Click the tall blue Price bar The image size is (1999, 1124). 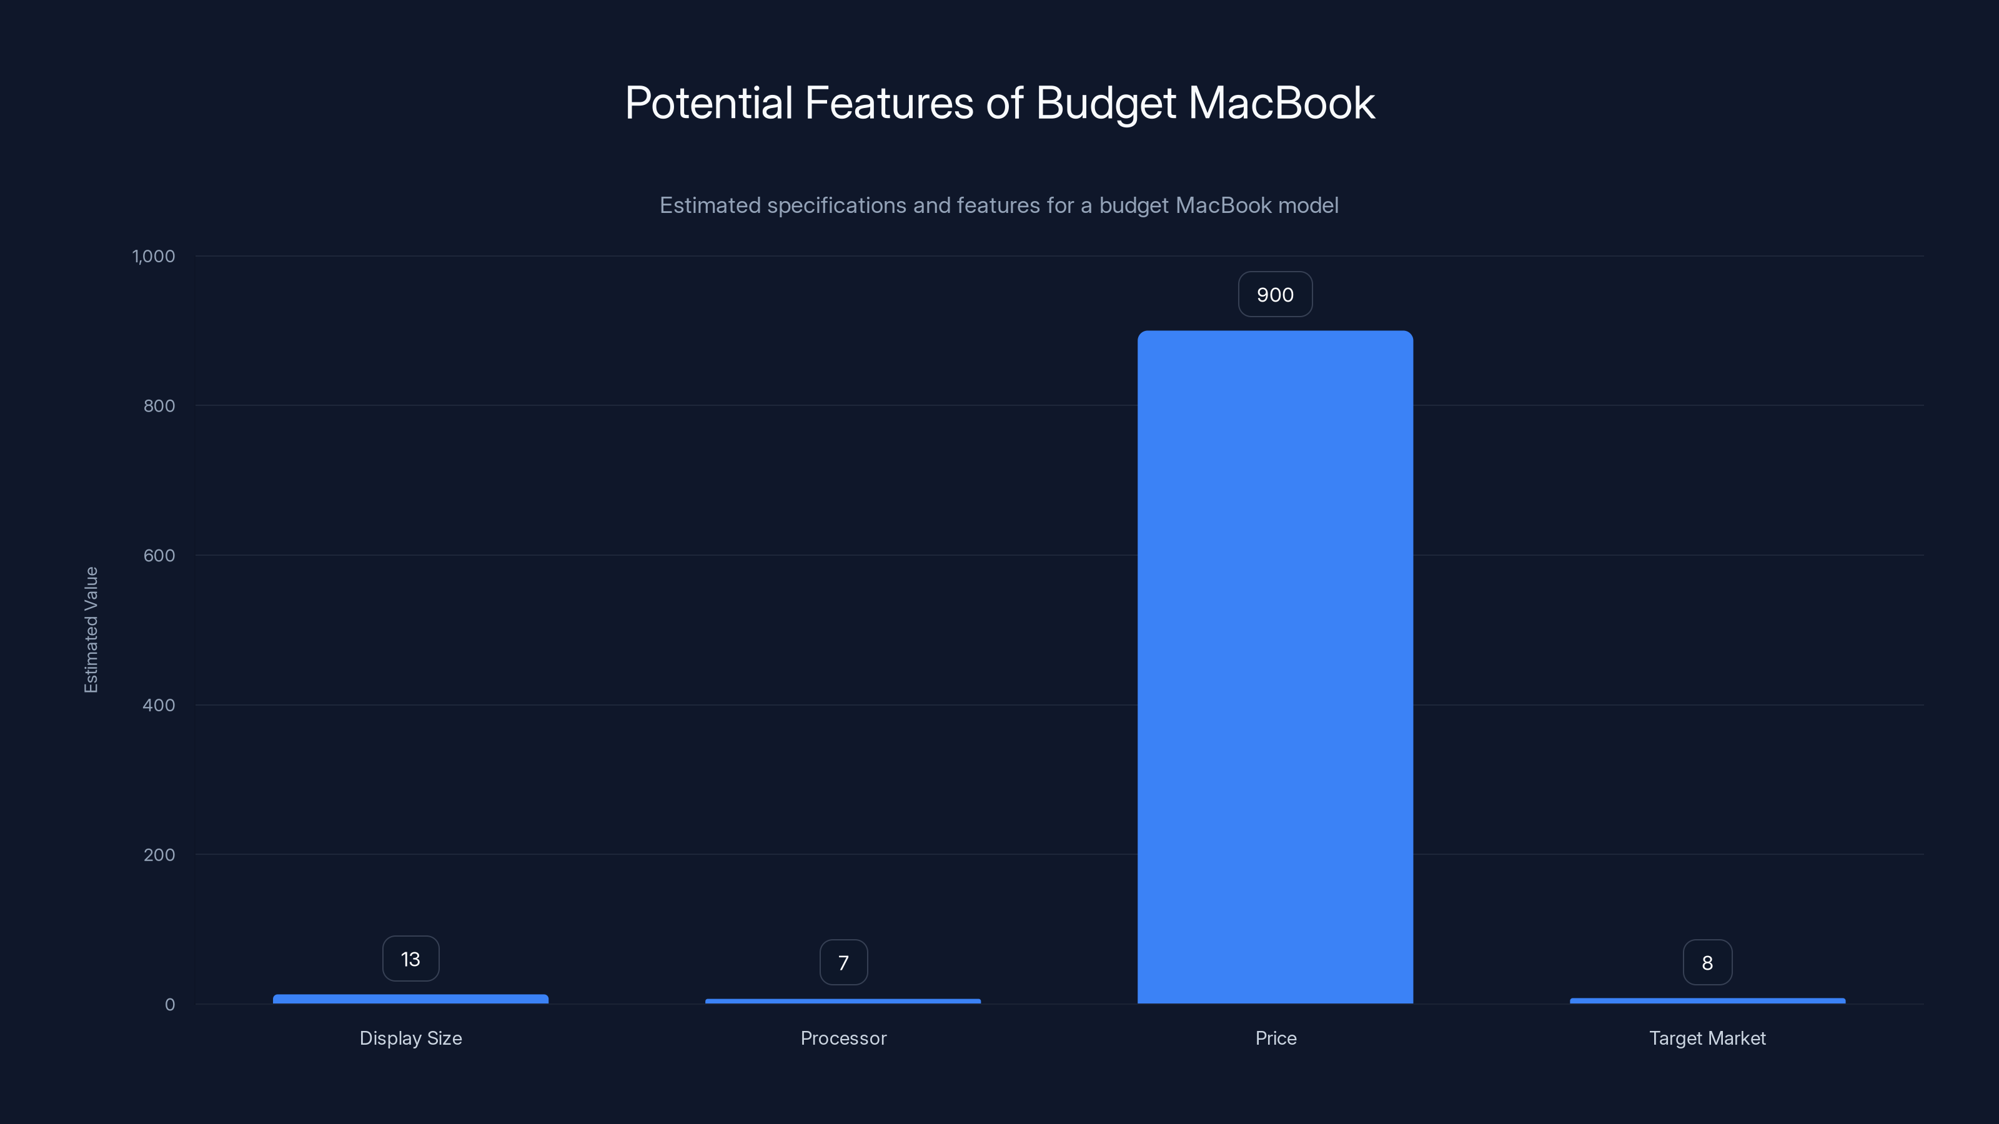pos(1275,667)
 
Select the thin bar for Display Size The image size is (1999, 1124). pos(410,999)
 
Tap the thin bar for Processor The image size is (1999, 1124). pos(843,1002)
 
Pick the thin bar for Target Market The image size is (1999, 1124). pos(1707,1000)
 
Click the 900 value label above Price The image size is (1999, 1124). pos(1275,295)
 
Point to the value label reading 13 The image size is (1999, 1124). pos(410,960)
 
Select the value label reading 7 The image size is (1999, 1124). pos(843,963)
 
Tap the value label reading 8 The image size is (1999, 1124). pos(1707,963)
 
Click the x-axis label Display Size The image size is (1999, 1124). pos(410,1038)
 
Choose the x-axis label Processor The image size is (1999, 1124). pos(843,1038)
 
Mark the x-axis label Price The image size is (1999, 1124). pos(1276,1038)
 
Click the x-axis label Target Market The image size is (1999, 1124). pos(1707,1038)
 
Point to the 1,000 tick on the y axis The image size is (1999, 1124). pos(154,256)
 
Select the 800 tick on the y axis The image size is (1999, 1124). pos(159,406)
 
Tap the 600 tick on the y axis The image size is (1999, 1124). pos(159,555)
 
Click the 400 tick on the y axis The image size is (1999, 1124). pos(159,705)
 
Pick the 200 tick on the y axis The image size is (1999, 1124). pos(159,855)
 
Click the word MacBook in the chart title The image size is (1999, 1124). pos(1281,102)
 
